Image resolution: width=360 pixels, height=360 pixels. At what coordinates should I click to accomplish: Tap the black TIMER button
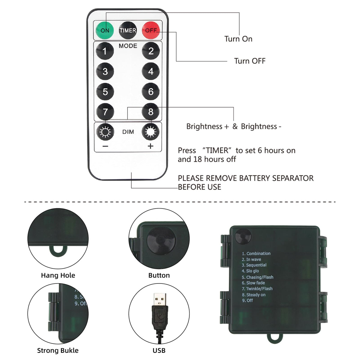(128, 30)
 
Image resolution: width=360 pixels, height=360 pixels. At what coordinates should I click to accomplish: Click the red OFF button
(151, 30)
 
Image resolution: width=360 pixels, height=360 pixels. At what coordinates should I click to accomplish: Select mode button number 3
(105, 71)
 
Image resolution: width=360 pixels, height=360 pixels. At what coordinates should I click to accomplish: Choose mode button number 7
(105, 112)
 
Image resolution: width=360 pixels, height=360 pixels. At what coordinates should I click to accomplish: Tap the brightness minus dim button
(105, 132)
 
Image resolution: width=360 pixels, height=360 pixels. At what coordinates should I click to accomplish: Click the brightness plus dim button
(151, 132)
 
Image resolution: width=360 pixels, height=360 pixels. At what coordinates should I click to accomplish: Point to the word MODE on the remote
(128, 46)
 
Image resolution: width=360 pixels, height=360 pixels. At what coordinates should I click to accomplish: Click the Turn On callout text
(238, 39)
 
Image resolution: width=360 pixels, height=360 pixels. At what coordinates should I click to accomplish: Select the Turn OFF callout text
(250, 61)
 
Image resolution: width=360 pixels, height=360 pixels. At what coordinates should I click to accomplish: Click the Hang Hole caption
(58, 275)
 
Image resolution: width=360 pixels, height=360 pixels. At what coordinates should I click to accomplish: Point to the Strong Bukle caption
(58, 350)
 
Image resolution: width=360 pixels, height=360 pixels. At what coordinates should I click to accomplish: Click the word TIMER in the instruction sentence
(217, 150)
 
